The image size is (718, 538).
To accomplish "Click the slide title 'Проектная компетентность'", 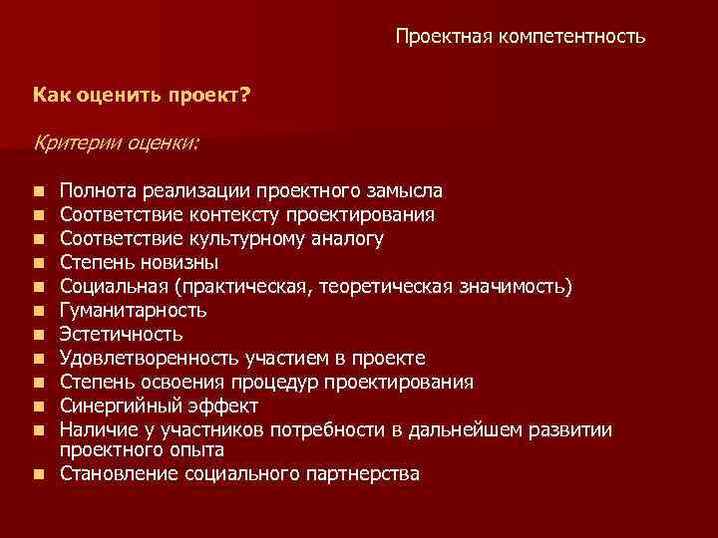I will pyautogui.click(x=520, y=37).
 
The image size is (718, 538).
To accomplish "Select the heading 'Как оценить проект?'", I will pyautogui.click(x=143, y=97).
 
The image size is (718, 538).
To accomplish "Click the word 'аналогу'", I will pyautogui.click(x=348, y=238).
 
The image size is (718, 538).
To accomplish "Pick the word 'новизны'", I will pyautogui.click(x=181, y=262).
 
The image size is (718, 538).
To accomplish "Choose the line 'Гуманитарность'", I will pyautogui.click(x=133, y=310).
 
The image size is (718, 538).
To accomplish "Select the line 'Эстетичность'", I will pyautogui.click(x=121, y=334).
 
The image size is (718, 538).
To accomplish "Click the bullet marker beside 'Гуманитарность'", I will pyautogui.click(x=37, y=311).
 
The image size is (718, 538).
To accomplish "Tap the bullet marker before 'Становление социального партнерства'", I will pyautogui.click(x=37, y=474).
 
